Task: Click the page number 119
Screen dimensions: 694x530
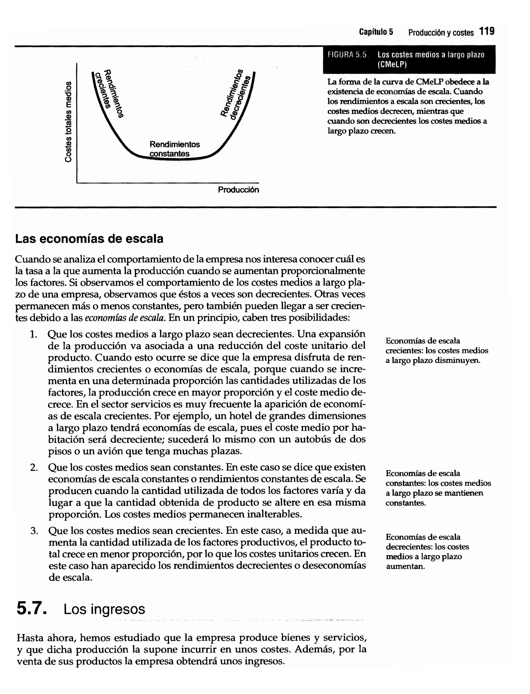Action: tap(487, 32)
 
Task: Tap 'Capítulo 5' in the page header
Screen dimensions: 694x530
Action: tap(376, 32)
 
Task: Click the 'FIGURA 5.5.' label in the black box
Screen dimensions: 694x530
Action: tap(348, 55)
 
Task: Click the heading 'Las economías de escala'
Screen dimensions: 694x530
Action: tap(89, 239)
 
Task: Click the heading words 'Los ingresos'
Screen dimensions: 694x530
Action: tap(104, 609)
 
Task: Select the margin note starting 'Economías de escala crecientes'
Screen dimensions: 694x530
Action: tap(437, 350)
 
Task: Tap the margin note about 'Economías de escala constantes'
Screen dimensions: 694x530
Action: tap(438, 488)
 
